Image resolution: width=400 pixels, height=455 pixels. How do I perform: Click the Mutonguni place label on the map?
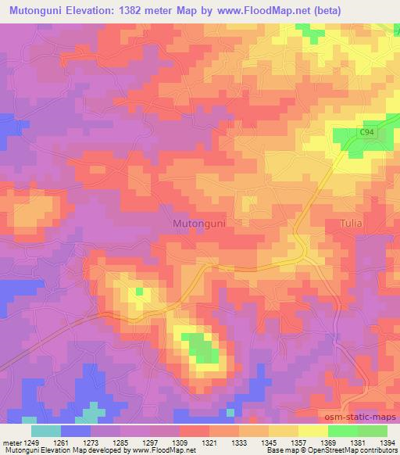198,224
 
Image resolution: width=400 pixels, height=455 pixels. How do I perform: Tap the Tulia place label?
352,224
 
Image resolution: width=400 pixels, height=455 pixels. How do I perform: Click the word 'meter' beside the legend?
11,442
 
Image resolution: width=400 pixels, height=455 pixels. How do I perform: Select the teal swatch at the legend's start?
45,431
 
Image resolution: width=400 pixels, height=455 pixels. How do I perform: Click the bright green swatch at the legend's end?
372,431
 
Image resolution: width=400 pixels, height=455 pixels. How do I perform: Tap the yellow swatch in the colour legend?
312,431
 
